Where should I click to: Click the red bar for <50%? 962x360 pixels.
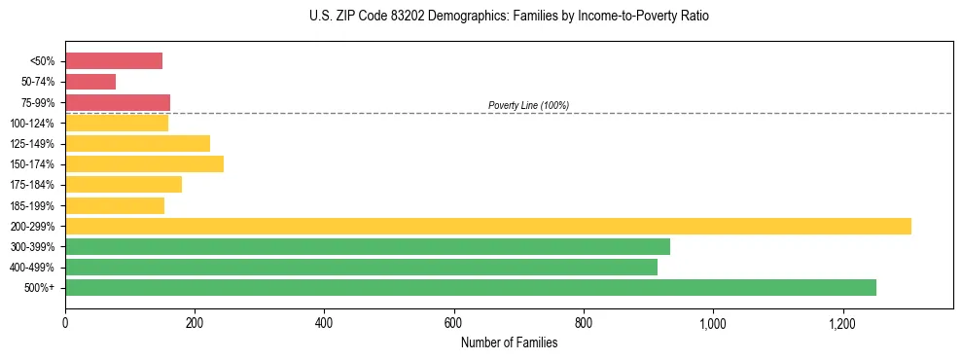tap(114, 61)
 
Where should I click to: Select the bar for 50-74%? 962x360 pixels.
tap(90, 82)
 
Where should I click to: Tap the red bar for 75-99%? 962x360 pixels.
tap(118, 102)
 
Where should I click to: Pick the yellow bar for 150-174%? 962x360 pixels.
tap(144, 163)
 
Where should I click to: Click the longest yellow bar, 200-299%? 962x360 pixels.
tap(488, 226)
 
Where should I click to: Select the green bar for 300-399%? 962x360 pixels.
tap(368, 246)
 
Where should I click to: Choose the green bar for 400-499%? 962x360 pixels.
tap(361, 267)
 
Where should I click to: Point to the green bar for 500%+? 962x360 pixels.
tap(471, 287)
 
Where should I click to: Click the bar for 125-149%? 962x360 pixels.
tap(137, 143)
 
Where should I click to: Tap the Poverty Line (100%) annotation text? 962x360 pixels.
tap(528, 105)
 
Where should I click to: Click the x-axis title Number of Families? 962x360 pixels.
tap(509, 342)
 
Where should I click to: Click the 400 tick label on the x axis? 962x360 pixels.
tap(324, 322)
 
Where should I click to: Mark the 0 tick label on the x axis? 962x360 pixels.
tap(65, 322)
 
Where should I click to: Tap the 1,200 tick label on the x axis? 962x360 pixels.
tap(842, 322)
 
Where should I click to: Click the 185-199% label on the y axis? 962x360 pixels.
tap(32, 206)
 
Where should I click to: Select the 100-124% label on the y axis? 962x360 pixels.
tap(32, 124)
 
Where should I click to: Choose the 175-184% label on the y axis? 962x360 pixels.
tap(32, 185)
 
